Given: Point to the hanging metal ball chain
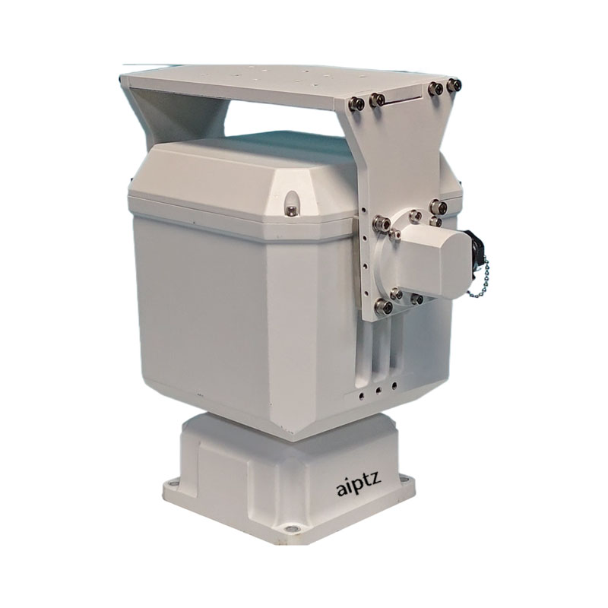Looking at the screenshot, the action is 479,279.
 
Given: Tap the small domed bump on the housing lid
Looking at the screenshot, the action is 291,203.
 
